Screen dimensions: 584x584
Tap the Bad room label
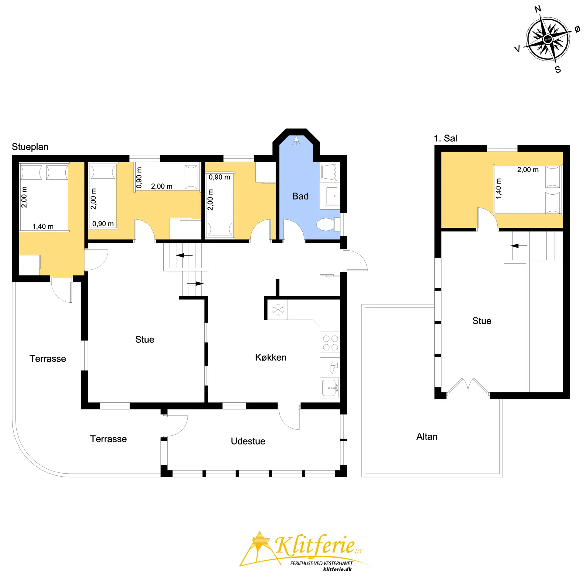pos(300,196)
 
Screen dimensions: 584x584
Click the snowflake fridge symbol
pos(278,310)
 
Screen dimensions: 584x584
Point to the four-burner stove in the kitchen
pos(330,343)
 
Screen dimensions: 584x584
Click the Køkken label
pos(271,357)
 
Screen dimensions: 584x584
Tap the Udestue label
pos(248,441)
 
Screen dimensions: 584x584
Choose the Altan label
pos(427,436)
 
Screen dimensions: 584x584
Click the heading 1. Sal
pos(445,138)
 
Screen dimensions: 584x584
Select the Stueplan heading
pos(30,147)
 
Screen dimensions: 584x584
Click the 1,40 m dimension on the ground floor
pos(43,227)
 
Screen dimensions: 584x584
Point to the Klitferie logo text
pos(315,545)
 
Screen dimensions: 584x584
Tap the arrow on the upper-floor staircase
pos(519,245)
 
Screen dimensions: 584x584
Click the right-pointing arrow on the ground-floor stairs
pos(195,283)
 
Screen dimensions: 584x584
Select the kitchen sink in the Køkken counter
pos(330,388)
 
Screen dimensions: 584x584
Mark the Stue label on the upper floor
pos(482,321)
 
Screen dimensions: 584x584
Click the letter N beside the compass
pos(538,9)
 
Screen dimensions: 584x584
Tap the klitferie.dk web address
pos(337,569)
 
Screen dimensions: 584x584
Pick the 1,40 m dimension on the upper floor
pos(498,189)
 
